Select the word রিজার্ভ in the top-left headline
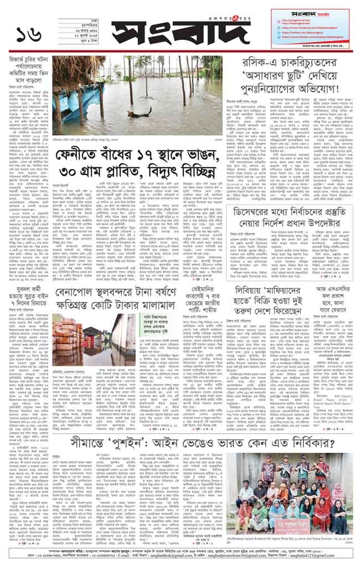pyautogui.click(x=21, y=60)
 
